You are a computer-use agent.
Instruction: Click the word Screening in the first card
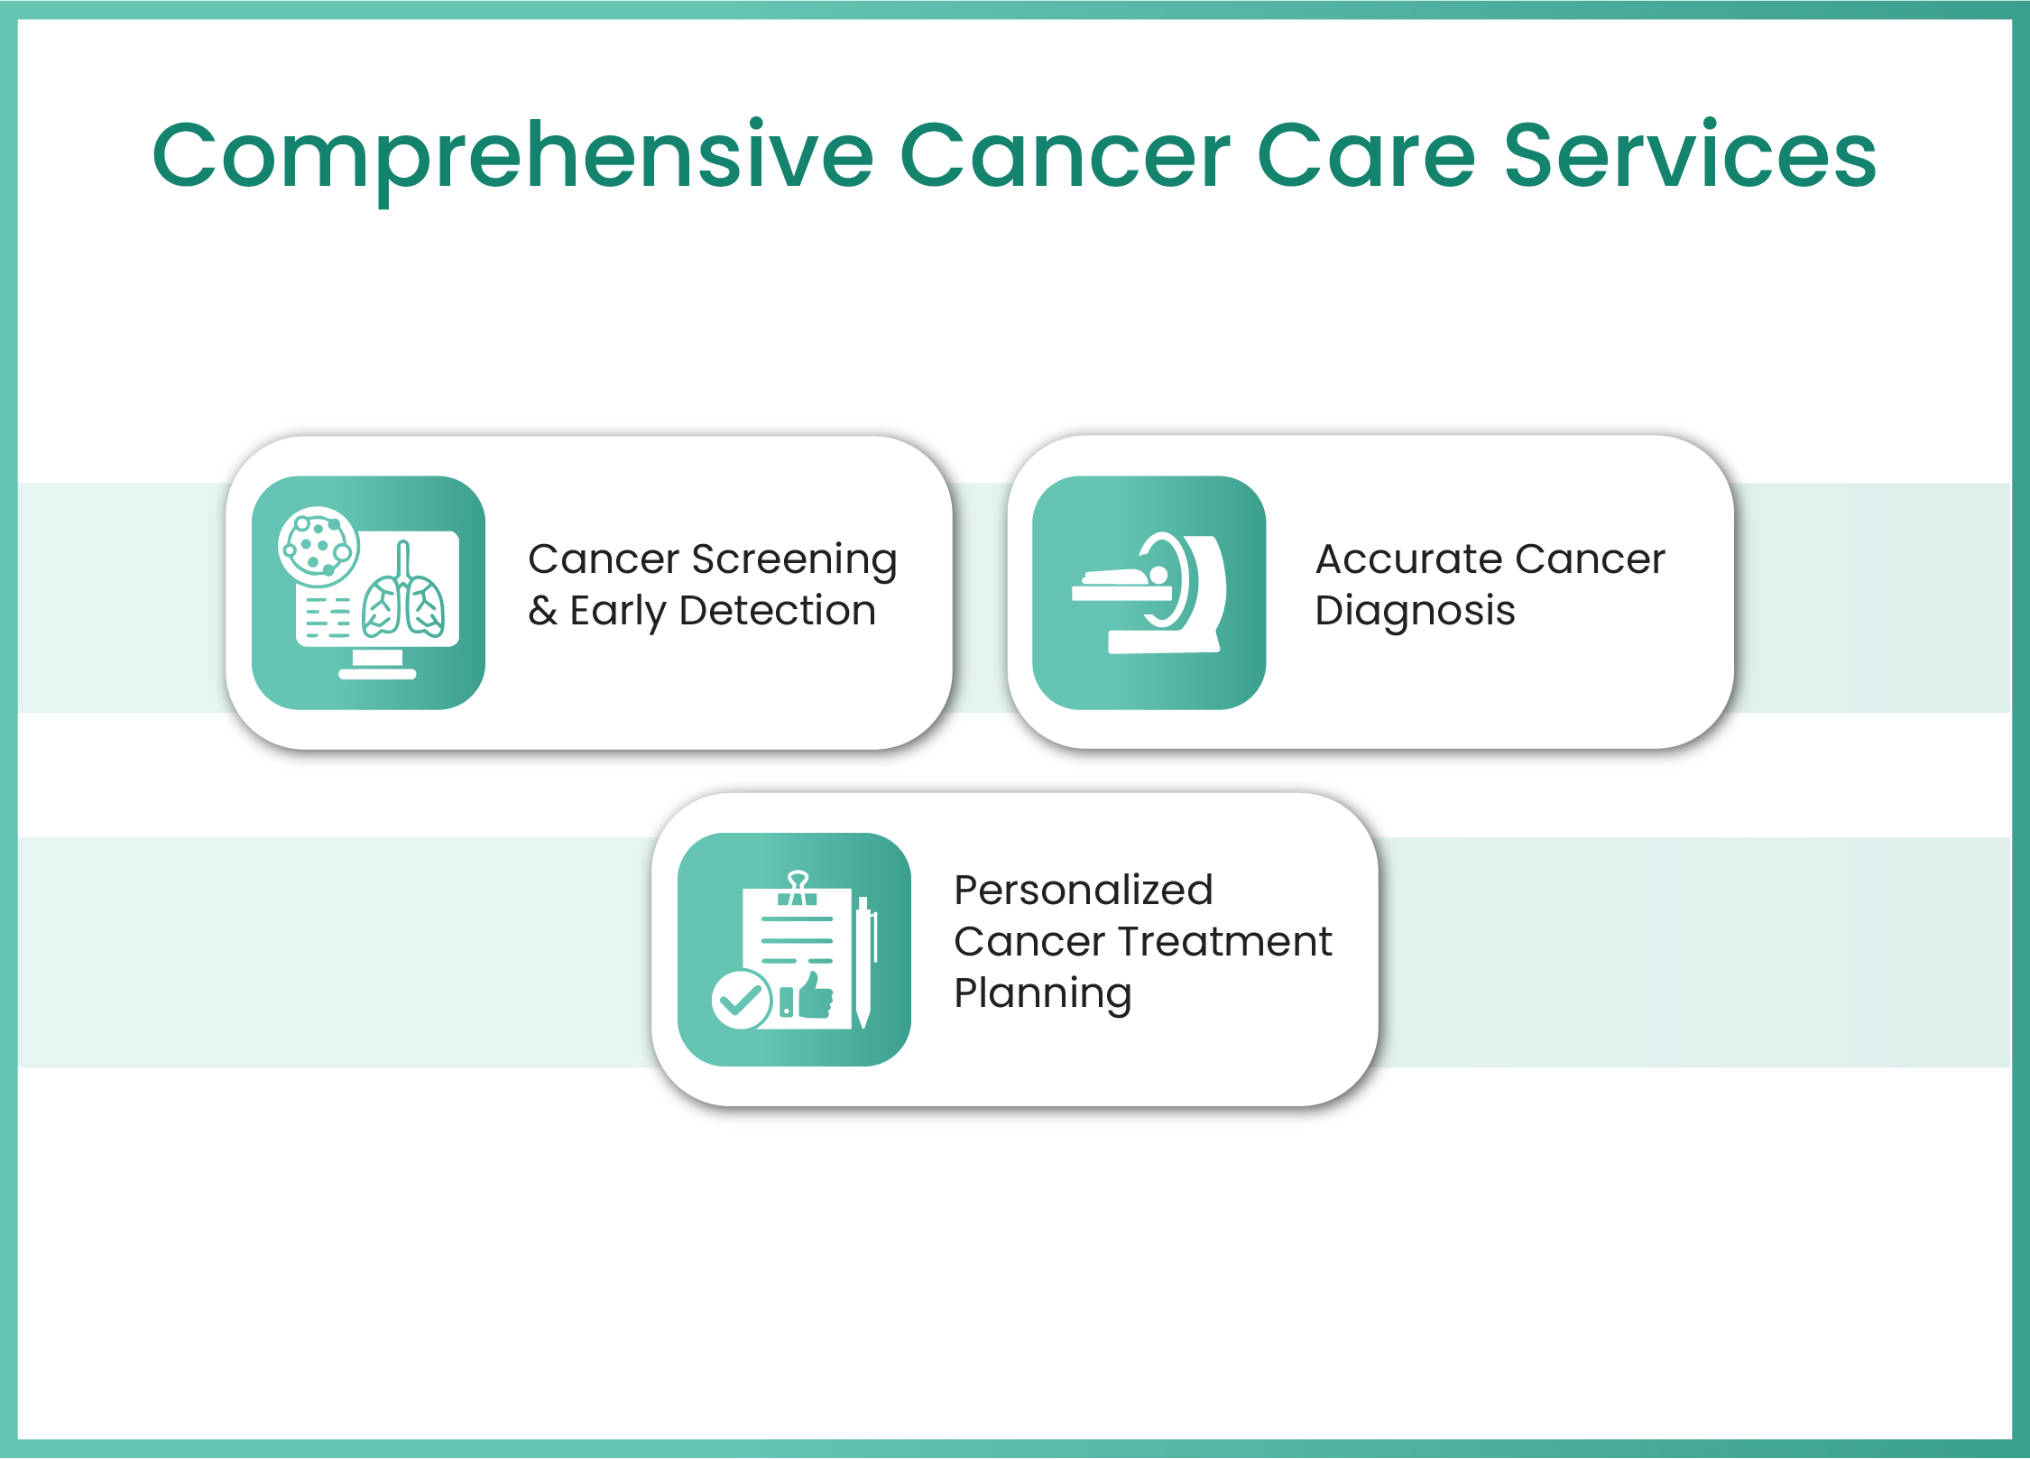[794, 559]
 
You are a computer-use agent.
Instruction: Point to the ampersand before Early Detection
[542, 611]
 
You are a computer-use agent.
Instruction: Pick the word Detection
[777, 611]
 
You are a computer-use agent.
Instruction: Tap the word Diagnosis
[1415, 612]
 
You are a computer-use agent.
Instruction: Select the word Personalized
[1083, 891]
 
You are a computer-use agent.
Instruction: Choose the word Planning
[1042, 994]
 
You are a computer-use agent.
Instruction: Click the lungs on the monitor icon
[403, 605]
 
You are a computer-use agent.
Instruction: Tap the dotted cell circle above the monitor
[318, 546]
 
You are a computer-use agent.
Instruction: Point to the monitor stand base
[377, 673]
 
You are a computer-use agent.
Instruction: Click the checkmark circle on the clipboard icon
[740, 1000]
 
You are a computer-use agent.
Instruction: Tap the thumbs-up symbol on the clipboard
[815, 996]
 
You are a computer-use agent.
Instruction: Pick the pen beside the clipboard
[863, 961]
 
